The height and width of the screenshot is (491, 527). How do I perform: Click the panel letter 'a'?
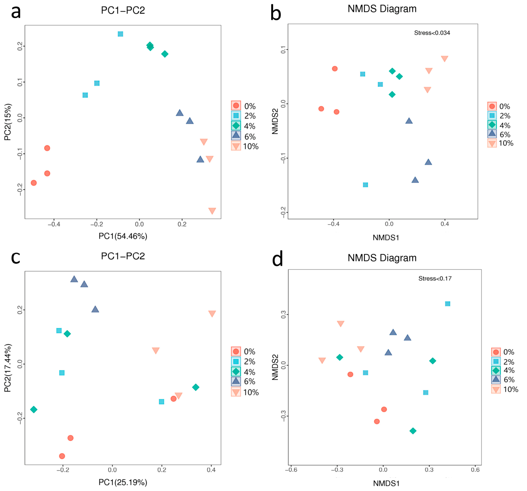pyautogui.click(x=16, y=12)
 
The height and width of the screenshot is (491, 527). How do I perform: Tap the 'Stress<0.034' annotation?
pyautogui.click(x=432, y=33)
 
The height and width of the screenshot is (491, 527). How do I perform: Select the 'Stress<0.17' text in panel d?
pyautogui.click(x=435, y=278)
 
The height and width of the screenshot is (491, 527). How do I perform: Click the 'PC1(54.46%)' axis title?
pyautogui.click(x=123, y=236)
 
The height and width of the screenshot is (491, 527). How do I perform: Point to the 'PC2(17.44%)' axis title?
pyautogui.click(x=8, y=368)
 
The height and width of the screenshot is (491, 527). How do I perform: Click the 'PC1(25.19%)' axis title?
pyautogui.click(x=123, y=482)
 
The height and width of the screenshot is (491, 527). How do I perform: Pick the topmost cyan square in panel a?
pyautogui.click(x=120, y=34)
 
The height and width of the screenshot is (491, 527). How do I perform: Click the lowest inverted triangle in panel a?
pyautogui.click(x=212, y=211)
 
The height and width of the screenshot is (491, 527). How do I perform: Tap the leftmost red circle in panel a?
pyautogui.click(x=34, y=183)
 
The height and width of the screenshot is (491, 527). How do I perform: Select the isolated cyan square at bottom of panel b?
pyautogui.click(x=365, y=185)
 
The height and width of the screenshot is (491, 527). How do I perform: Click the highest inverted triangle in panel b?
pyautogui.click(x=445, y=59)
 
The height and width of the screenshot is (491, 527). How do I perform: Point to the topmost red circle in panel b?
pyautogui.click(x=335, y=69)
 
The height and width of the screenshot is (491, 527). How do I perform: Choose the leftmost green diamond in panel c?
pyautogui.click(x=34, y=409)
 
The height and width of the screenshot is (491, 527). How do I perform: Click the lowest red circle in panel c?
pyautogui.click(x=62, y=456)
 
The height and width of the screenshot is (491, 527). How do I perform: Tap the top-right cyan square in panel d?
pyautogui.click(x=448, y=304)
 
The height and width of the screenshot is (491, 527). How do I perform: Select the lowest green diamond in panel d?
pyautogui.click(x=413, y=431)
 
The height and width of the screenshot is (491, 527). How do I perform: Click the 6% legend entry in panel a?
pyautogui.click(x=243, y=136)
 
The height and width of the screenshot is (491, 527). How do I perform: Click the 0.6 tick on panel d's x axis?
pyautogui.click(x=475, y=470)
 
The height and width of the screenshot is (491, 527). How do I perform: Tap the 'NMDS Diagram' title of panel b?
pyautogui.click(x=382, y=9)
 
